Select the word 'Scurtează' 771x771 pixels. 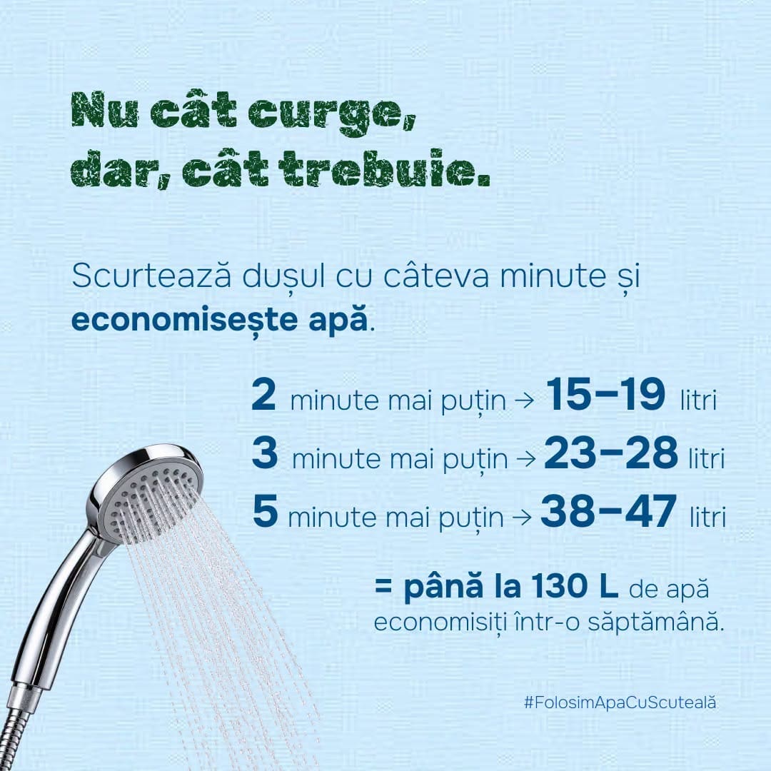[x=151, y=276]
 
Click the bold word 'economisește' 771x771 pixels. [x=185, y=321]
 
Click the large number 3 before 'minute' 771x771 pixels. [x=265, y=453]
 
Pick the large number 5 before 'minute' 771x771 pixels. [x=265, y=510]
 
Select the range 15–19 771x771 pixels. [x=606, y=394]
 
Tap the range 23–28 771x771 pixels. [x=611, y=453]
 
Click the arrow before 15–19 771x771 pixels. [x=524, y=400]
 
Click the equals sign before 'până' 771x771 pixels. [x=383, y=586]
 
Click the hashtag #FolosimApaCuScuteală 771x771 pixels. [x=620, y=702]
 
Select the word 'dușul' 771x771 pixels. [x=283, y=277]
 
